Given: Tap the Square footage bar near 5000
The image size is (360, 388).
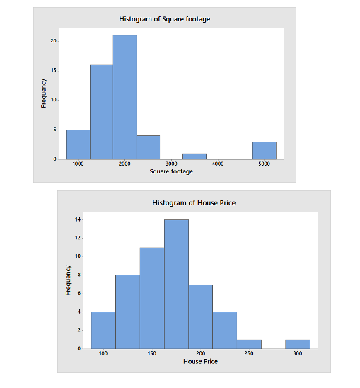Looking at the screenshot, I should [x=264, y=150].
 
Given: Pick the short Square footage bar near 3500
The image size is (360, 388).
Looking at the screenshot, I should [x=194, y=156].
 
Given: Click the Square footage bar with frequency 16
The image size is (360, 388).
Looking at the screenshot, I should [x=101, y=112].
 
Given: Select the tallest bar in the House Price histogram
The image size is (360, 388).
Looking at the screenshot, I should [x=177, y=283].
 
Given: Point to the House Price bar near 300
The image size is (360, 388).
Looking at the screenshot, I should [x=297, y=343].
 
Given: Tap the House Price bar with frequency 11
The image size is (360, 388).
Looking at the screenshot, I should [x=152, y=297].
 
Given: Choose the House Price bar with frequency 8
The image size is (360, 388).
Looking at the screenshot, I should [x=127, y=311].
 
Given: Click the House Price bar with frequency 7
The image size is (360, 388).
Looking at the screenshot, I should [x=201, y=316].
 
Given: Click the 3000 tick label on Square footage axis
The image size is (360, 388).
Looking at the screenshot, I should [x=171, y=164].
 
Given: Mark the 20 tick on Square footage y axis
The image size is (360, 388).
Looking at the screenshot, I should [x=53, y=41].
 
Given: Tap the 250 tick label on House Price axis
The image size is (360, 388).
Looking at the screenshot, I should [x=249, y=353].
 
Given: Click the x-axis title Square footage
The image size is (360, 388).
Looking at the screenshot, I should [x=171, y=172].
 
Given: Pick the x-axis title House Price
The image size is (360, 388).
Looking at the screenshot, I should [x=200, y=362].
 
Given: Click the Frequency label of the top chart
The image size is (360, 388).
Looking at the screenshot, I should [x=44, y=93].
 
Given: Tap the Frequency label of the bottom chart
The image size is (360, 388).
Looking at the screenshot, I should [x=69, y=280].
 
